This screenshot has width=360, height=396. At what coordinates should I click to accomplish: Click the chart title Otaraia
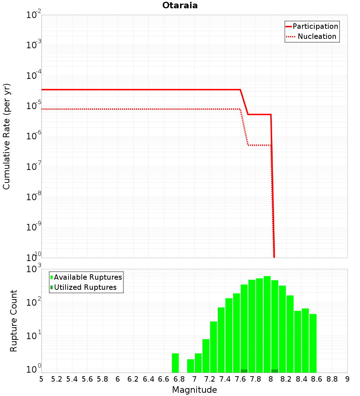click(180, 5)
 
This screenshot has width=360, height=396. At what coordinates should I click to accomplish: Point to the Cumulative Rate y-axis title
click(6, 136)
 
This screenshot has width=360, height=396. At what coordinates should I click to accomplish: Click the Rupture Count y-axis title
click(14, 321)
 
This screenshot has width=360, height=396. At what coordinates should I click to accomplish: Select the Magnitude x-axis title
click(194, 390)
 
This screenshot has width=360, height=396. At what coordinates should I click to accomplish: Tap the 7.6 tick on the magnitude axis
click(240, 379)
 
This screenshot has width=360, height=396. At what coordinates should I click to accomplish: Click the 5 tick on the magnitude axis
click(41, 379)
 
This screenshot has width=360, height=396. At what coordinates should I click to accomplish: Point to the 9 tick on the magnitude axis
click(347, 379)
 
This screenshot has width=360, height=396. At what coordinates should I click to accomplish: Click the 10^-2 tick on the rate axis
click(34, 15)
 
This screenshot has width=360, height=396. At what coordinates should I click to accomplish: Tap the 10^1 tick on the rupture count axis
click(34, 336)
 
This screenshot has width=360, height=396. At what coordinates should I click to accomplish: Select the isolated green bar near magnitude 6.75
click(175, 363)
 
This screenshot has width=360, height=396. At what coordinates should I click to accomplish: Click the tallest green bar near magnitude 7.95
click(267, 324)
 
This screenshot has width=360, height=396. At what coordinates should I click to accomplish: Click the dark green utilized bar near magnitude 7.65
click(244, 371)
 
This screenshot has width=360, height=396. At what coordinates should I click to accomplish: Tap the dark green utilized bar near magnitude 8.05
click(275, 371)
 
